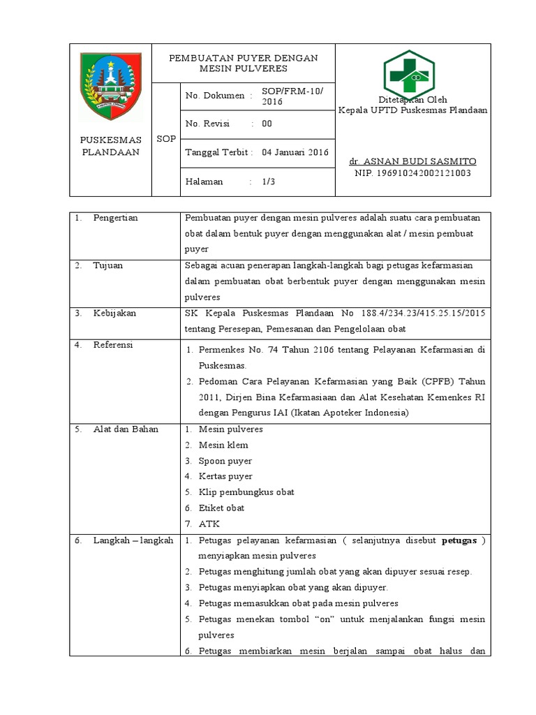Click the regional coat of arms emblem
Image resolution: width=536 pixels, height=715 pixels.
(x=111, y=87)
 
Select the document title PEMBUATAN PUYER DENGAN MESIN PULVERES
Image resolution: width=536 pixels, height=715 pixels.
(x=244, y=63)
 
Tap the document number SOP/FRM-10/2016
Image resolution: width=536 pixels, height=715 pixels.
(x=288, y=96)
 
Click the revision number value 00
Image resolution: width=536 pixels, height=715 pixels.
(x=267, y=124)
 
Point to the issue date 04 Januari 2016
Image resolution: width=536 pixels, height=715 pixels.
(x=295, y=152)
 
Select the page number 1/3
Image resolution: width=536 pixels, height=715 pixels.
(x=269, y=182)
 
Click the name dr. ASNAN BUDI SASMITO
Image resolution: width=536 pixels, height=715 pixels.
(x=412, y=161)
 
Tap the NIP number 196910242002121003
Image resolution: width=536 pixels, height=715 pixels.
(x=412, y=172)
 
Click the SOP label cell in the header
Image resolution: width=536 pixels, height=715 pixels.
(x=166, y=139)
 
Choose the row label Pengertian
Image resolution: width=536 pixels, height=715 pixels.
(x=115, y=218)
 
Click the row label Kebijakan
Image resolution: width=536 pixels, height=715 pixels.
(x=114, y=313)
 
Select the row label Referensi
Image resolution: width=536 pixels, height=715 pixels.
(x=113, y=345)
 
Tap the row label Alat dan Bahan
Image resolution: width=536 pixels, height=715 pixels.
(x=126, y=429)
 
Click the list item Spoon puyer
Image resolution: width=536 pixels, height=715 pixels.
(x=225, y=461)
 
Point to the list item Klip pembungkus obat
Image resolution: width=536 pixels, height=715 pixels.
(x=246, y=492)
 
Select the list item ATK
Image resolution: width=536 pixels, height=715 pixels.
(x=209, y=524)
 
